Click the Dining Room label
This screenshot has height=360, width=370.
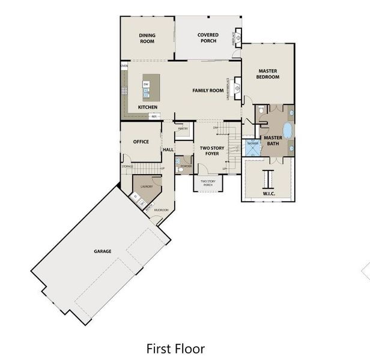click(147, 38)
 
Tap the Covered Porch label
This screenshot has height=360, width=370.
click(208, 38)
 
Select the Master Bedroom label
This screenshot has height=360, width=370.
click(267, 74)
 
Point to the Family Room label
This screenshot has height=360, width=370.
click(208, 91)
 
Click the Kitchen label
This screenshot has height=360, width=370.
click(148, 107)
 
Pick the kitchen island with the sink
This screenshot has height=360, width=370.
click(151, 88)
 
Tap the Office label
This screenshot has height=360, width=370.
click(141, 142)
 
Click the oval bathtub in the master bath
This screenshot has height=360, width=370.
click(287, 130)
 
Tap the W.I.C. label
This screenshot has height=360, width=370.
click(268, 193)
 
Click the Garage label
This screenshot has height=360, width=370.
click(102, 251)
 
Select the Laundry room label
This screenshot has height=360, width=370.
click(147, 187)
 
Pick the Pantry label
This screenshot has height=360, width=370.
click(183, 128)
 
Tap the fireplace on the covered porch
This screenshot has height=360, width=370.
click(238, 38)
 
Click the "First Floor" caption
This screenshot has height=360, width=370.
click(175, 348)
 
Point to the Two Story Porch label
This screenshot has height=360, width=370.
click(208, 182)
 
